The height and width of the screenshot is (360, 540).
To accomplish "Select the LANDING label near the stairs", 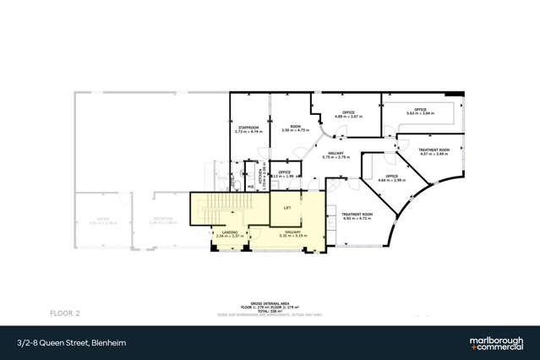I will (229, 232).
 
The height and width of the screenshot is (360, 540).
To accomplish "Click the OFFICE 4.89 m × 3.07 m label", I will (348, 114).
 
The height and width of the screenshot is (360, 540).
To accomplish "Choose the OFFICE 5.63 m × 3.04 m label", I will (420, 112).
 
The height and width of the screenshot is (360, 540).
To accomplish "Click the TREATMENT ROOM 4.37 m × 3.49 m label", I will (434, 151).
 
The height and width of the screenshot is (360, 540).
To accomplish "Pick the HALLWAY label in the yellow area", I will (293, 232).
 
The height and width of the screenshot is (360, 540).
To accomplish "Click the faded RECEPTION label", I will (164, 220).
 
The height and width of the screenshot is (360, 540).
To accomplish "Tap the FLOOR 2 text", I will (89, 312).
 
